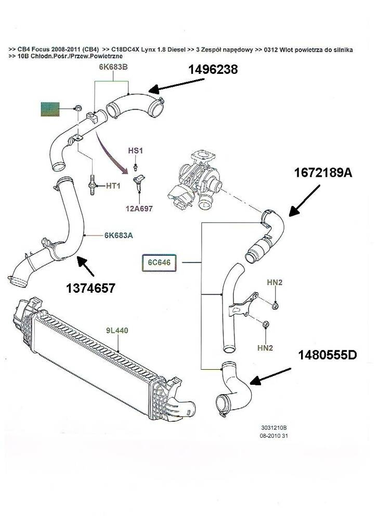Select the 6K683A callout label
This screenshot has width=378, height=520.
pyautogui.click(x=119, y=236)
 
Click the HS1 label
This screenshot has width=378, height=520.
pyautogui.click(x=135, y=150)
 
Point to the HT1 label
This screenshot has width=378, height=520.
pyautogui.click(x=113, y=186)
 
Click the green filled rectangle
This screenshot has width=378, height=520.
pyautogui.click(x=50, y=109)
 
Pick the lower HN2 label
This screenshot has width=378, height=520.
pyautogui.click(x=265, y=348)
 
